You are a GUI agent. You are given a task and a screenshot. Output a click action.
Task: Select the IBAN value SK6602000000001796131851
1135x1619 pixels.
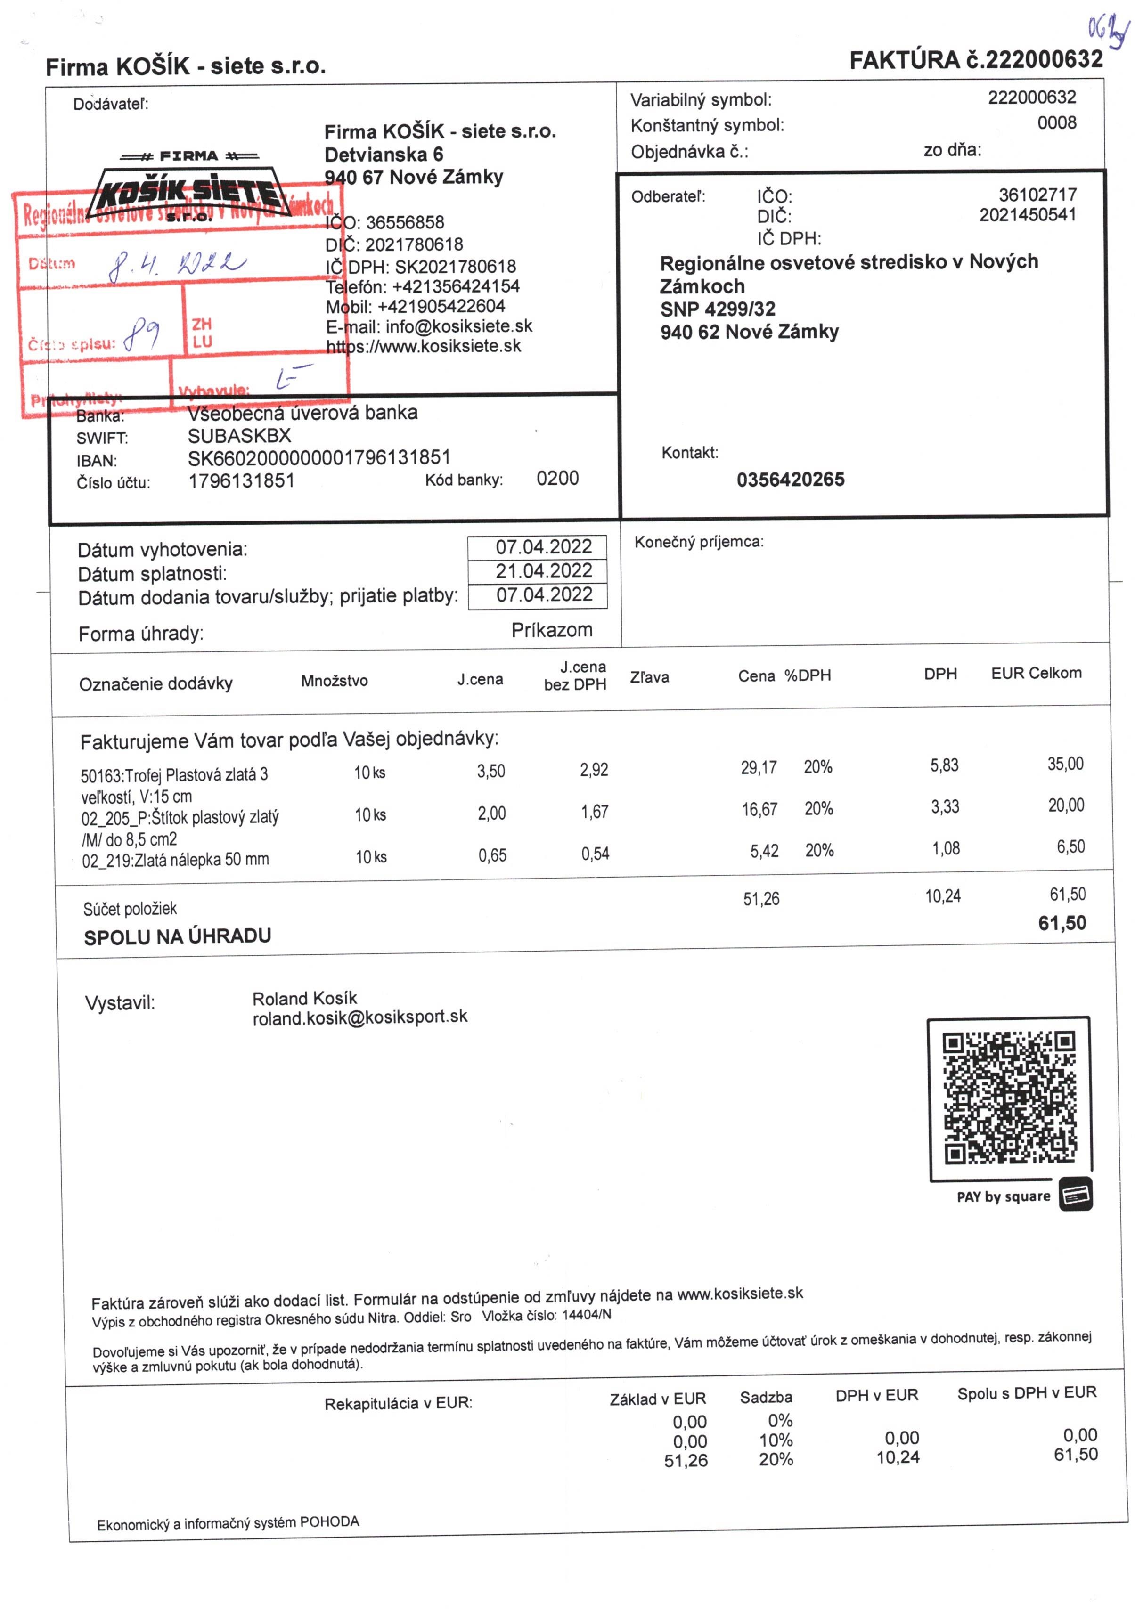click(319, 458)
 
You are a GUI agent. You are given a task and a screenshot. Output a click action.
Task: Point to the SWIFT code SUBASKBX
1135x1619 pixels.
click(239, 436)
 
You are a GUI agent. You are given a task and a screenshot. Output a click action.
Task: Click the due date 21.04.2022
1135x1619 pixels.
click(543, 570)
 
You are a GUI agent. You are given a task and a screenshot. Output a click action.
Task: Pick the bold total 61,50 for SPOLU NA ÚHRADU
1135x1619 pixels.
click(1062, 923)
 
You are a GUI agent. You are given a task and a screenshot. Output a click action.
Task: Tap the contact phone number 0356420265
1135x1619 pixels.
click(790, 480)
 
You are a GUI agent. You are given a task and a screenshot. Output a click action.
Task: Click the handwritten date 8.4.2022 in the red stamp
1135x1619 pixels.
click(176, 264)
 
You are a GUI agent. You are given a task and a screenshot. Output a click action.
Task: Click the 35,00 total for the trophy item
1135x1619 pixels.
click(1065, 764)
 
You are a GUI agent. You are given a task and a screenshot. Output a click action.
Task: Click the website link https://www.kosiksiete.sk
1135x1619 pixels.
click(423, 346)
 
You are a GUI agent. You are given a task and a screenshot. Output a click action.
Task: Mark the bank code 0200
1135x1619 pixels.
click(557, 478)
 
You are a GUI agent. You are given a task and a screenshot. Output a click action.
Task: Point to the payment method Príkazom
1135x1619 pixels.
click(552, 630)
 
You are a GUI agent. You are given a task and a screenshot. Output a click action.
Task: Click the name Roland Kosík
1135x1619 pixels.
click(305, 998)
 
